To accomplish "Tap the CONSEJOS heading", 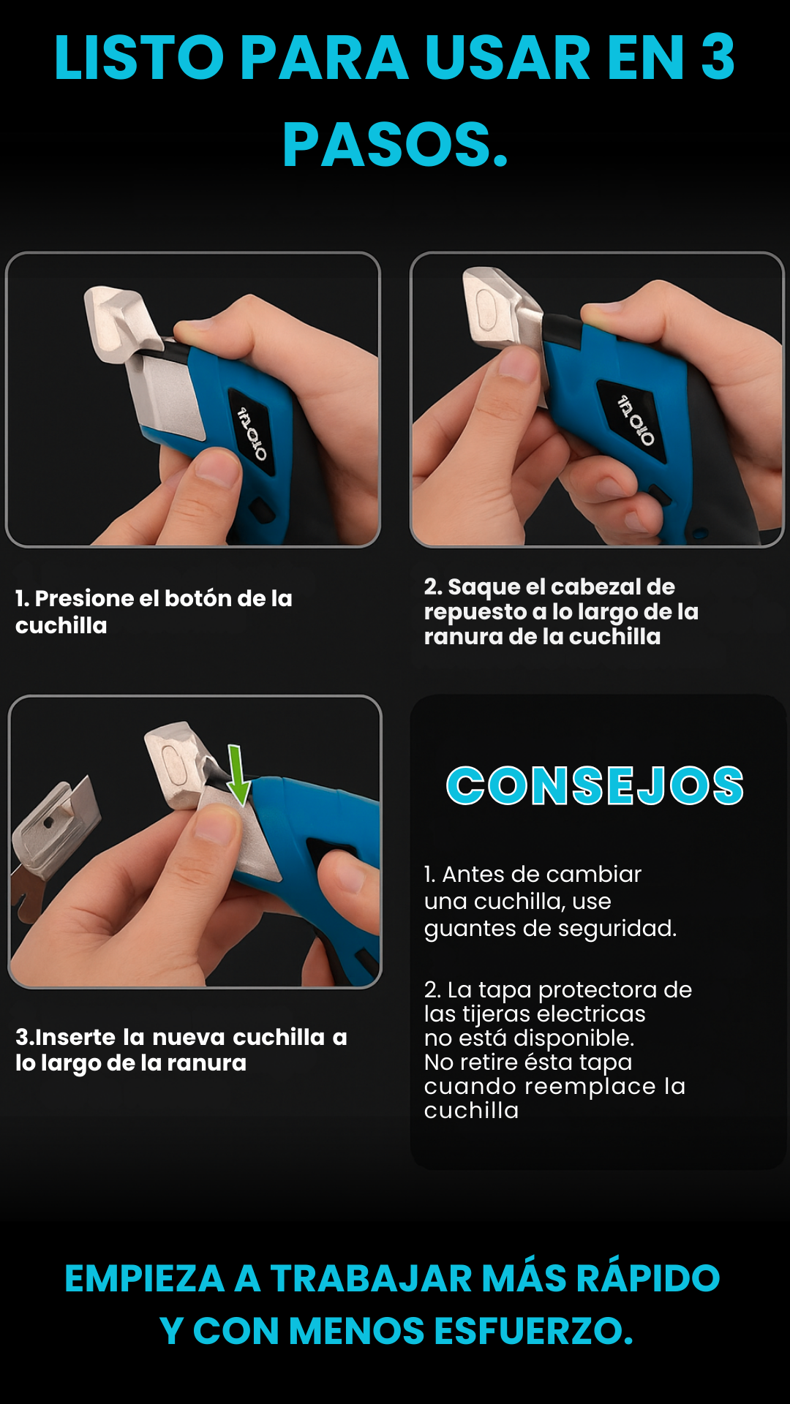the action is (595, 786).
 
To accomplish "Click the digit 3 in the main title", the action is (718, 57).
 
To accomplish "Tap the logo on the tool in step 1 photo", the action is (251, 433).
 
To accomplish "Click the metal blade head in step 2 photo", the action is (504, 307).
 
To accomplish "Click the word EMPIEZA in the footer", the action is (144, 1278).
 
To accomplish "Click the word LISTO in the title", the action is (139, 57).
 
